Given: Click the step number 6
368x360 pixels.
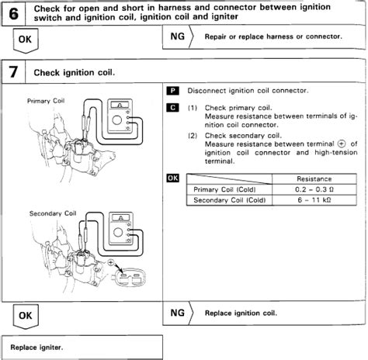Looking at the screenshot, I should point(14,13).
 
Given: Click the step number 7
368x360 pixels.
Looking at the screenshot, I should point(14,72).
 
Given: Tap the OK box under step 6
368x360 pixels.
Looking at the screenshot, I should point(25,37).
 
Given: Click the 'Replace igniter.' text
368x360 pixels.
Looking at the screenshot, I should point(36,346).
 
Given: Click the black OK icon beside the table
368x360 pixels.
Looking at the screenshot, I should point(173,177).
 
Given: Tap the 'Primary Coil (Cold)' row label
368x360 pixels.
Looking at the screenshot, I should point(226,189).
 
